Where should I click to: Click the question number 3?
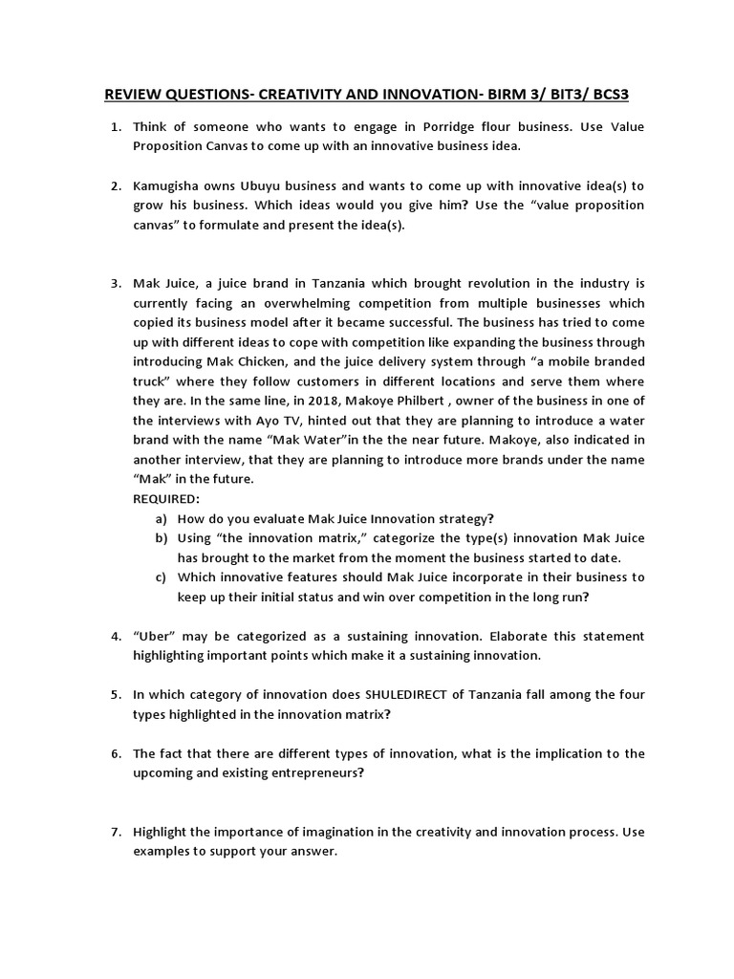(x=115, y=283)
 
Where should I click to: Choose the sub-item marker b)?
(x=160, y=537)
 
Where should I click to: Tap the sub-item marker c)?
(x=160, y=577)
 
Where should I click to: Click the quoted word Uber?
(x=154, y=636)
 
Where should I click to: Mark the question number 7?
(x=115, y=832)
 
